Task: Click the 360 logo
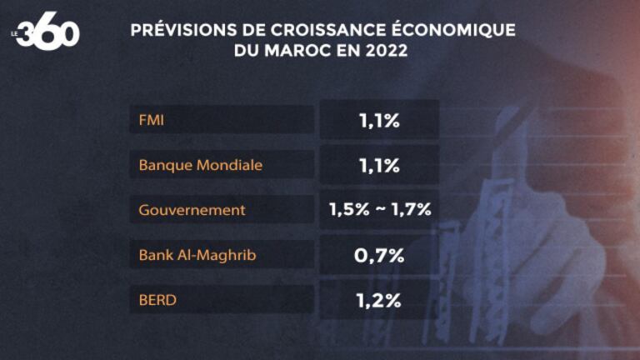coord(47,33)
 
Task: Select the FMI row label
coord(152,120)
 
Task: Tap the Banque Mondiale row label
coord(201,165)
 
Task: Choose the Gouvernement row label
coord(192,210)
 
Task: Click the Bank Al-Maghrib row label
coord(197,255)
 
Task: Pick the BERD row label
coord(157,300)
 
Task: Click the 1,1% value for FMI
coord(380,121)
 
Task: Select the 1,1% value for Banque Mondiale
coord(380,166)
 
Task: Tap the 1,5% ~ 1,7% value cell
coord(380,210)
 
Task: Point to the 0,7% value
coord(380,255)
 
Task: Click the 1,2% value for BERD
coord(380,300)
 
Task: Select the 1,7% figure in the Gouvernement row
coord(412,210)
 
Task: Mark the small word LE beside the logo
coord(14,33)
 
